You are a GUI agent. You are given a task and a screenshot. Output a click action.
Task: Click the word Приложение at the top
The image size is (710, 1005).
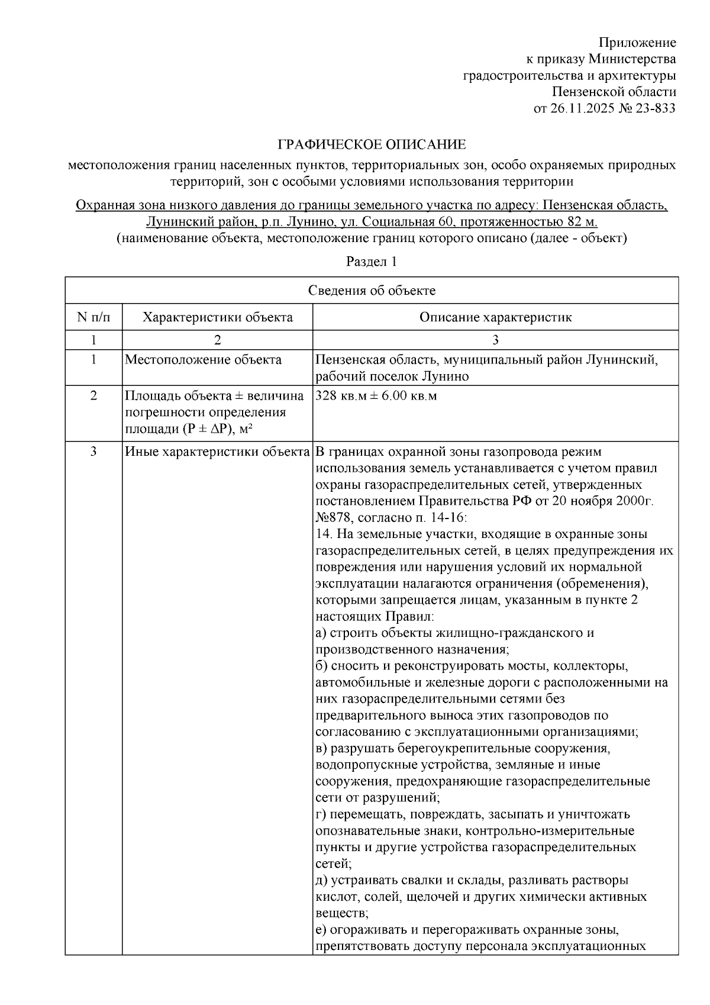(x=637, y=43)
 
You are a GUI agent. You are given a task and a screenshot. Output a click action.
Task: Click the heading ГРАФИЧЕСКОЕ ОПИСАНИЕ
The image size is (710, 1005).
(x=372, y=145)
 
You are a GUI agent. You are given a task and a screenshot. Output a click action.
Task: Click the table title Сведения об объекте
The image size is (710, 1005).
(x=372, y=291)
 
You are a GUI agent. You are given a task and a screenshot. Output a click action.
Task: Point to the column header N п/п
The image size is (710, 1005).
(x=93, y=317)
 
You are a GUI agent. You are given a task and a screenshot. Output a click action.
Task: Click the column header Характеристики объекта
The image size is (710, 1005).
(x=217, y=317)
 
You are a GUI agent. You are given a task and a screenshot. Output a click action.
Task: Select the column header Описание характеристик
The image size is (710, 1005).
(x=495, y=317)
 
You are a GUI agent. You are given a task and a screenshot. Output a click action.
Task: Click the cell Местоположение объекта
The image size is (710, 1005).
(x=203, y=360)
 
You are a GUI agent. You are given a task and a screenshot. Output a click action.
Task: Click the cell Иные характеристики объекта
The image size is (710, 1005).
(x=217, y=452)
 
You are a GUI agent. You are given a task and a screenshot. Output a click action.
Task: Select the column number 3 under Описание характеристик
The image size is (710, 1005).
(x=495, y=340)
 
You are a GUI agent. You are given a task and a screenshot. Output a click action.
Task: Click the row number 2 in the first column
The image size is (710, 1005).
(x=93, y=396)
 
